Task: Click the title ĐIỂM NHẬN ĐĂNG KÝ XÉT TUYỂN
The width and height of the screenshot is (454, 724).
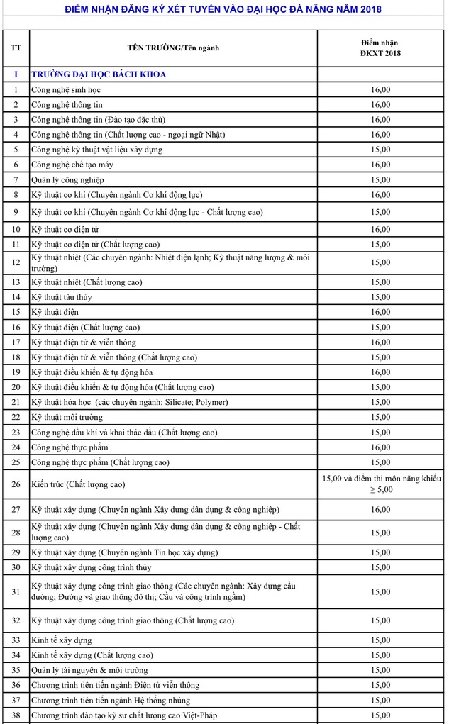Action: pos(223,9)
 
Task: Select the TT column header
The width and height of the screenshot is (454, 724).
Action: pos(16,48)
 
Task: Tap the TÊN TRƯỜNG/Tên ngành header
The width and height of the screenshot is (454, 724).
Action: pos(173,48)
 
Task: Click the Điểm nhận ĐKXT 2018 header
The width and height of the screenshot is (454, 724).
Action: pos(380,48)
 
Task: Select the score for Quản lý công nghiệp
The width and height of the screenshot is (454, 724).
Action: pos(380,179)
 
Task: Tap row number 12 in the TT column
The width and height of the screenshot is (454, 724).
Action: pos(16,262)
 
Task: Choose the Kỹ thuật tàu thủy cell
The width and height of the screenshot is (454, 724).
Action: pos(62,297)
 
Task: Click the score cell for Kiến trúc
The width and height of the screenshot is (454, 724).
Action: pos(380,484)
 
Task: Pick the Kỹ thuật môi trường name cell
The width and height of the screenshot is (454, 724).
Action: pos(67,417)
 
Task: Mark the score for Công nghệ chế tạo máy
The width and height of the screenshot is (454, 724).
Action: pos(380,165)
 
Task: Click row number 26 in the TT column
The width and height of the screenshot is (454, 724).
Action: pos(16,484)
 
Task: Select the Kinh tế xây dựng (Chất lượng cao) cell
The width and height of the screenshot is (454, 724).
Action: pos(92,655)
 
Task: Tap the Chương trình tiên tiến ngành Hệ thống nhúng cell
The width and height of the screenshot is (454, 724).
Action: pos(111,700)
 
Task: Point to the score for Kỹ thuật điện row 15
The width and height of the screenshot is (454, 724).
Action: pos(380,312)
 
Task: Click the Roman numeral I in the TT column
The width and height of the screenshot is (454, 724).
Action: pos(16,74)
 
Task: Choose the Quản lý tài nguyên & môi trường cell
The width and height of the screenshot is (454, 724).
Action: pos(89,670)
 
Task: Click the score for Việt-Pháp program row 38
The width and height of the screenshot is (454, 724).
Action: pos(380,715)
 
